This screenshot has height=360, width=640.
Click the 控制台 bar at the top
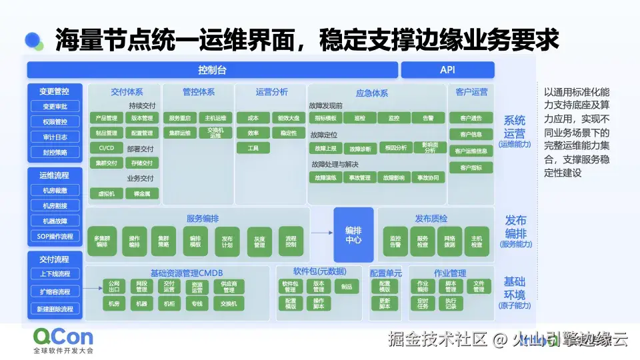212,70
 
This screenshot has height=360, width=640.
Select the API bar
447,70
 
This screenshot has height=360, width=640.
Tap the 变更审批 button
55,107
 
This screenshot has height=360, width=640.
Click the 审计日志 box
55,137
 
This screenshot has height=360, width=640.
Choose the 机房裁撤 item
55,191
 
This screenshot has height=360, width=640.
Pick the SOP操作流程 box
55,236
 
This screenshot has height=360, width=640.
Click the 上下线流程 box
55,274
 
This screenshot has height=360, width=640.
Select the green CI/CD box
106,148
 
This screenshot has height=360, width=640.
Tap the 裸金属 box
141,193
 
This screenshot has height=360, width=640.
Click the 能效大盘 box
289,118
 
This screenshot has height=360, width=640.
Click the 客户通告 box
471,118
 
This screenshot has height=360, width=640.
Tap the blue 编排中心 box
353,234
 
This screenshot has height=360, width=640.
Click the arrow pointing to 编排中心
321,233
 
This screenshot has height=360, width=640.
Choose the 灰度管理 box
259,241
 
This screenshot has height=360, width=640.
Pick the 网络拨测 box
449,241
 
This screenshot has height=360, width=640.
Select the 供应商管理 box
229,287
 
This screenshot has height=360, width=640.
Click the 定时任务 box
423,303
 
